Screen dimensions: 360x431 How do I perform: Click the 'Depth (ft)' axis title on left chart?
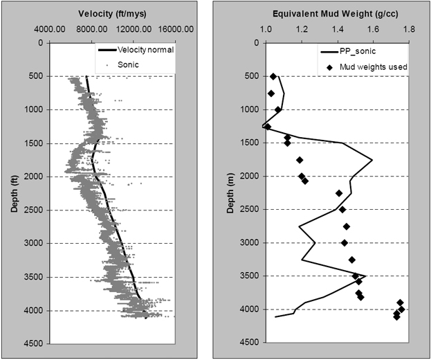[15, 192]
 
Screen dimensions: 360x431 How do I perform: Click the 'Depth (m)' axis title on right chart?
[236, 192]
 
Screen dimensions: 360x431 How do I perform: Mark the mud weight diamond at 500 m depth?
[273, 76]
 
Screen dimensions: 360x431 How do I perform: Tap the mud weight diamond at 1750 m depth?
[300, 160]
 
